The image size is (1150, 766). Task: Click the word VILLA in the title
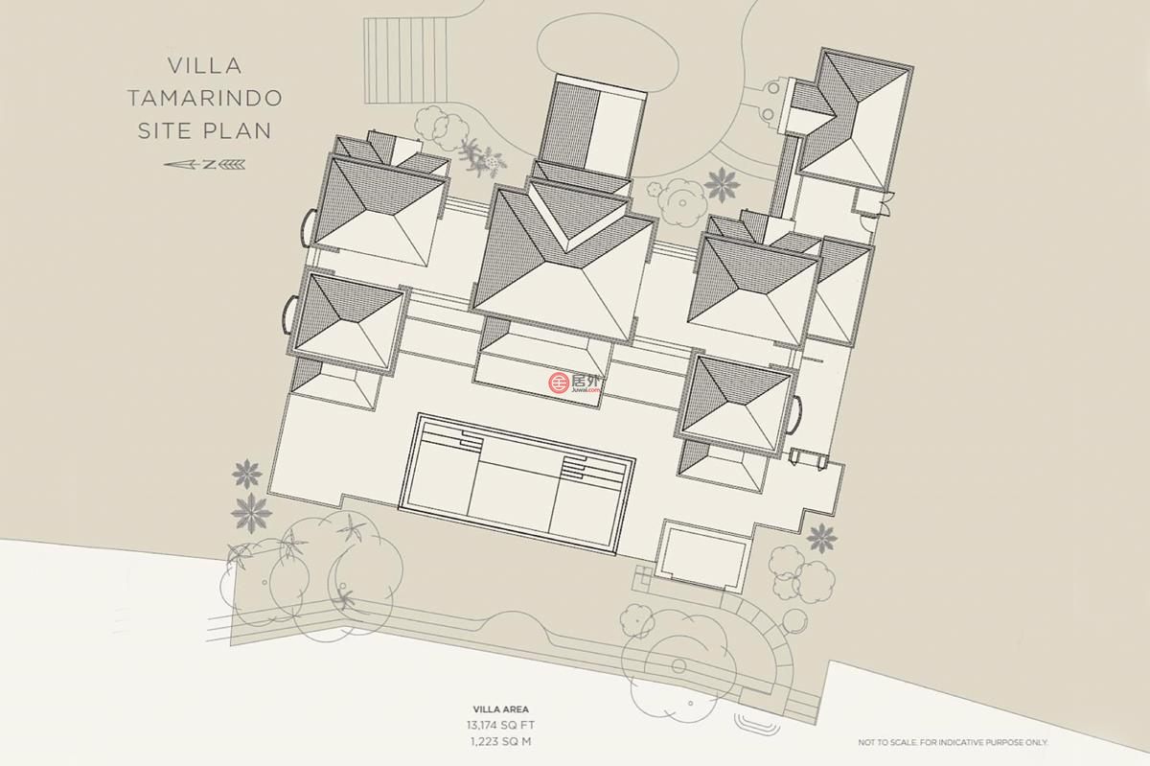point(204,66)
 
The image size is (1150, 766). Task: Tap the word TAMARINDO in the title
point(205,98)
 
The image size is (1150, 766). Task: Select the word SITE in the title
point(163,131)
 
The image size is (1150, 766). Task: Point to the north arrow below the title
point(204,165)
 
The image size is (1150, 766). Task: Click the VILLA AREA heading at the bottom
point(500,709)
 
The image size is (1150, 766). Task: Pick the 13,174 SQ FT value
point(500,726)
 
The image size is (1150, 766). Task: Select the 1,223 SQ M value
point(500,742)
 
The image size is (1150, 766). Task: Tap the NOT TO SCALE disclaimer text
point(953,742)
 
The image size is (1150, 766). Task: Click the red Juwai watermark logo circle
point(558,383)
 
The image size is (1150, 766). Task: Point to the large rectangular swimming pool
point(517,484)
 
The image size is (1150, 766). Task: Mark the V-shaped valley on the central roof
point(579,218)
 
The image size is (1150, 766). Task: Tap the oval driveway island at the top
point(608,57)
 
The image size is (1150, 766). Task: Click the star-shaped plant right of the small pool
point(822,538)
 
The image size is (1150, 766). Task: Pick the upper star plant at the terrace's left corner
point(247,474)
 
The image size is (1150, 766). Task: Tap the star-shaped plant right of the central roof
point(722,184)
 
